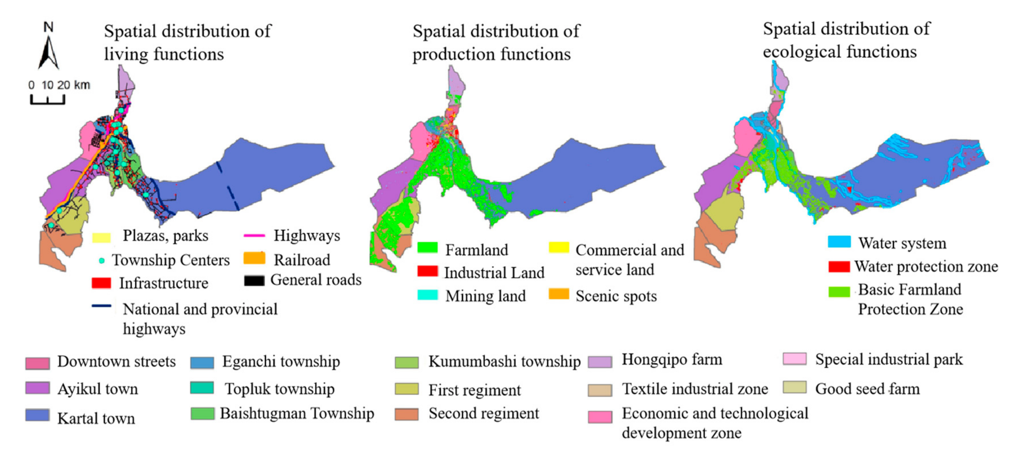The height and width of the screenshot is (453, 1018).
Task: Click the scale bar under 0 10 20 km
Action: (x=48, y=99)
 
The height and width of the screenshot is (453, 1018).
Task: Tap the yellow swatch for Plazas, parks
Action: (x=101, y=237)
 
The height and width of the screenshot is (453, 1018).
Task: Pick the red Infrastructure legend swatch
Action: (x=101, y=283)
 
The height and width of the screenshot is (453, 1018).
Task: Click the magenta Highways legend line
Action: (x=254, y=236)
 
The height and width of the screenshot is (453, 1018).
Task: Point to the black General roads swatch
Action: (x=254, y=281)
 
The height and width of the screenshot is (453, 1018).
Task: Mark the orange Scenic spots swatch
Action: (x=559, y=294)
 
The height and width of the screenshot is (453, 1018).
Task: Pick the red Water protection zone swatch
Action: (x=839, y=266)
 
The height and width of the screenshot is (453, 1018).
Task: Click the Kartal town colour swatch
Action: (x=37, y=415)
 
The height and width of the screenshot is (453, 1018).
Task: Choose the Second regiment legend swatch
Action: (x=407, y=414)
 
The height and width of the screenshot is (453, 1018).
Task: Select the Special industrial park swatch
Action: (x=794, y=359)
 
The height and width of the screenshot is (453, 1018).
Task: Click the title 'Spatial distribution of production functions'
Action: (x=496, y=42)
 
